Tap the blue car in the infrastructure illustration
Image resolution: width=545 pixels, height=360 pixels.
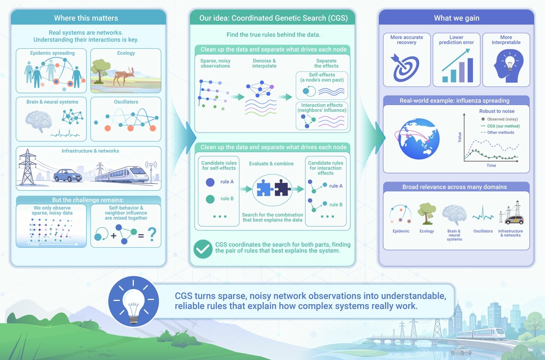[x=68, y=176]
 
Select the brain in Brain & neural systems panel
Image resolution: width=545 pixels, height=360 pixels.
[x=39, y=121]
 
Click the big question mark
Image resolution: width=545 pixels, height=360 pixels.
[x=152, y=235]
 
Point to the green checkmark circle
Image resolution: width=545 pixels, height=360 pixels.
[x=203, y=249]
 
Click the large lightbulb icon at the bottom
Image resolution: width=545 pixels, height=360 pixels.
[x=133, y=301]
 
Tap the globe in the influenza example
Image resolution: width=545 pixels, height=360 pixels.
[x=419, y=139]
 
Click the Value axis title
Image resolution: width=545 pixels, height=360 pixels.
[x=460, y=137]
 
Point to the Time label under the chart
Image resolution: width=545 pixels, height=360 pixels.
[x=491, y=165]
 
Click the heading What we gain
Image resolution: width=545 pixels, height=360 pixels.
[x=456, y=18]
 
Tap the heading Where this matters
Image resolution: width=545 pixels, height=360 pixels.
[x=86, y=18]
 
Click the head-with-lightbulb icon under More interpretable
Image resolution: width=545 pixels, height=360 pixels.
[x=508, y=66]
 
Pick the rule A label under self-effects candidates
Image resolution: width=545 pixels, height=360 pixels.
[x=227, y=182]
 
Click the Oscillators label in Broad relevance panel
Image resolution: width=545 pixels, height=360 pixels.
[x=483, y=231]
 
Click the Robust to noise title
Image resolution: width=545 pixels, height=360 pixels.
[x=497, y=111]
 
